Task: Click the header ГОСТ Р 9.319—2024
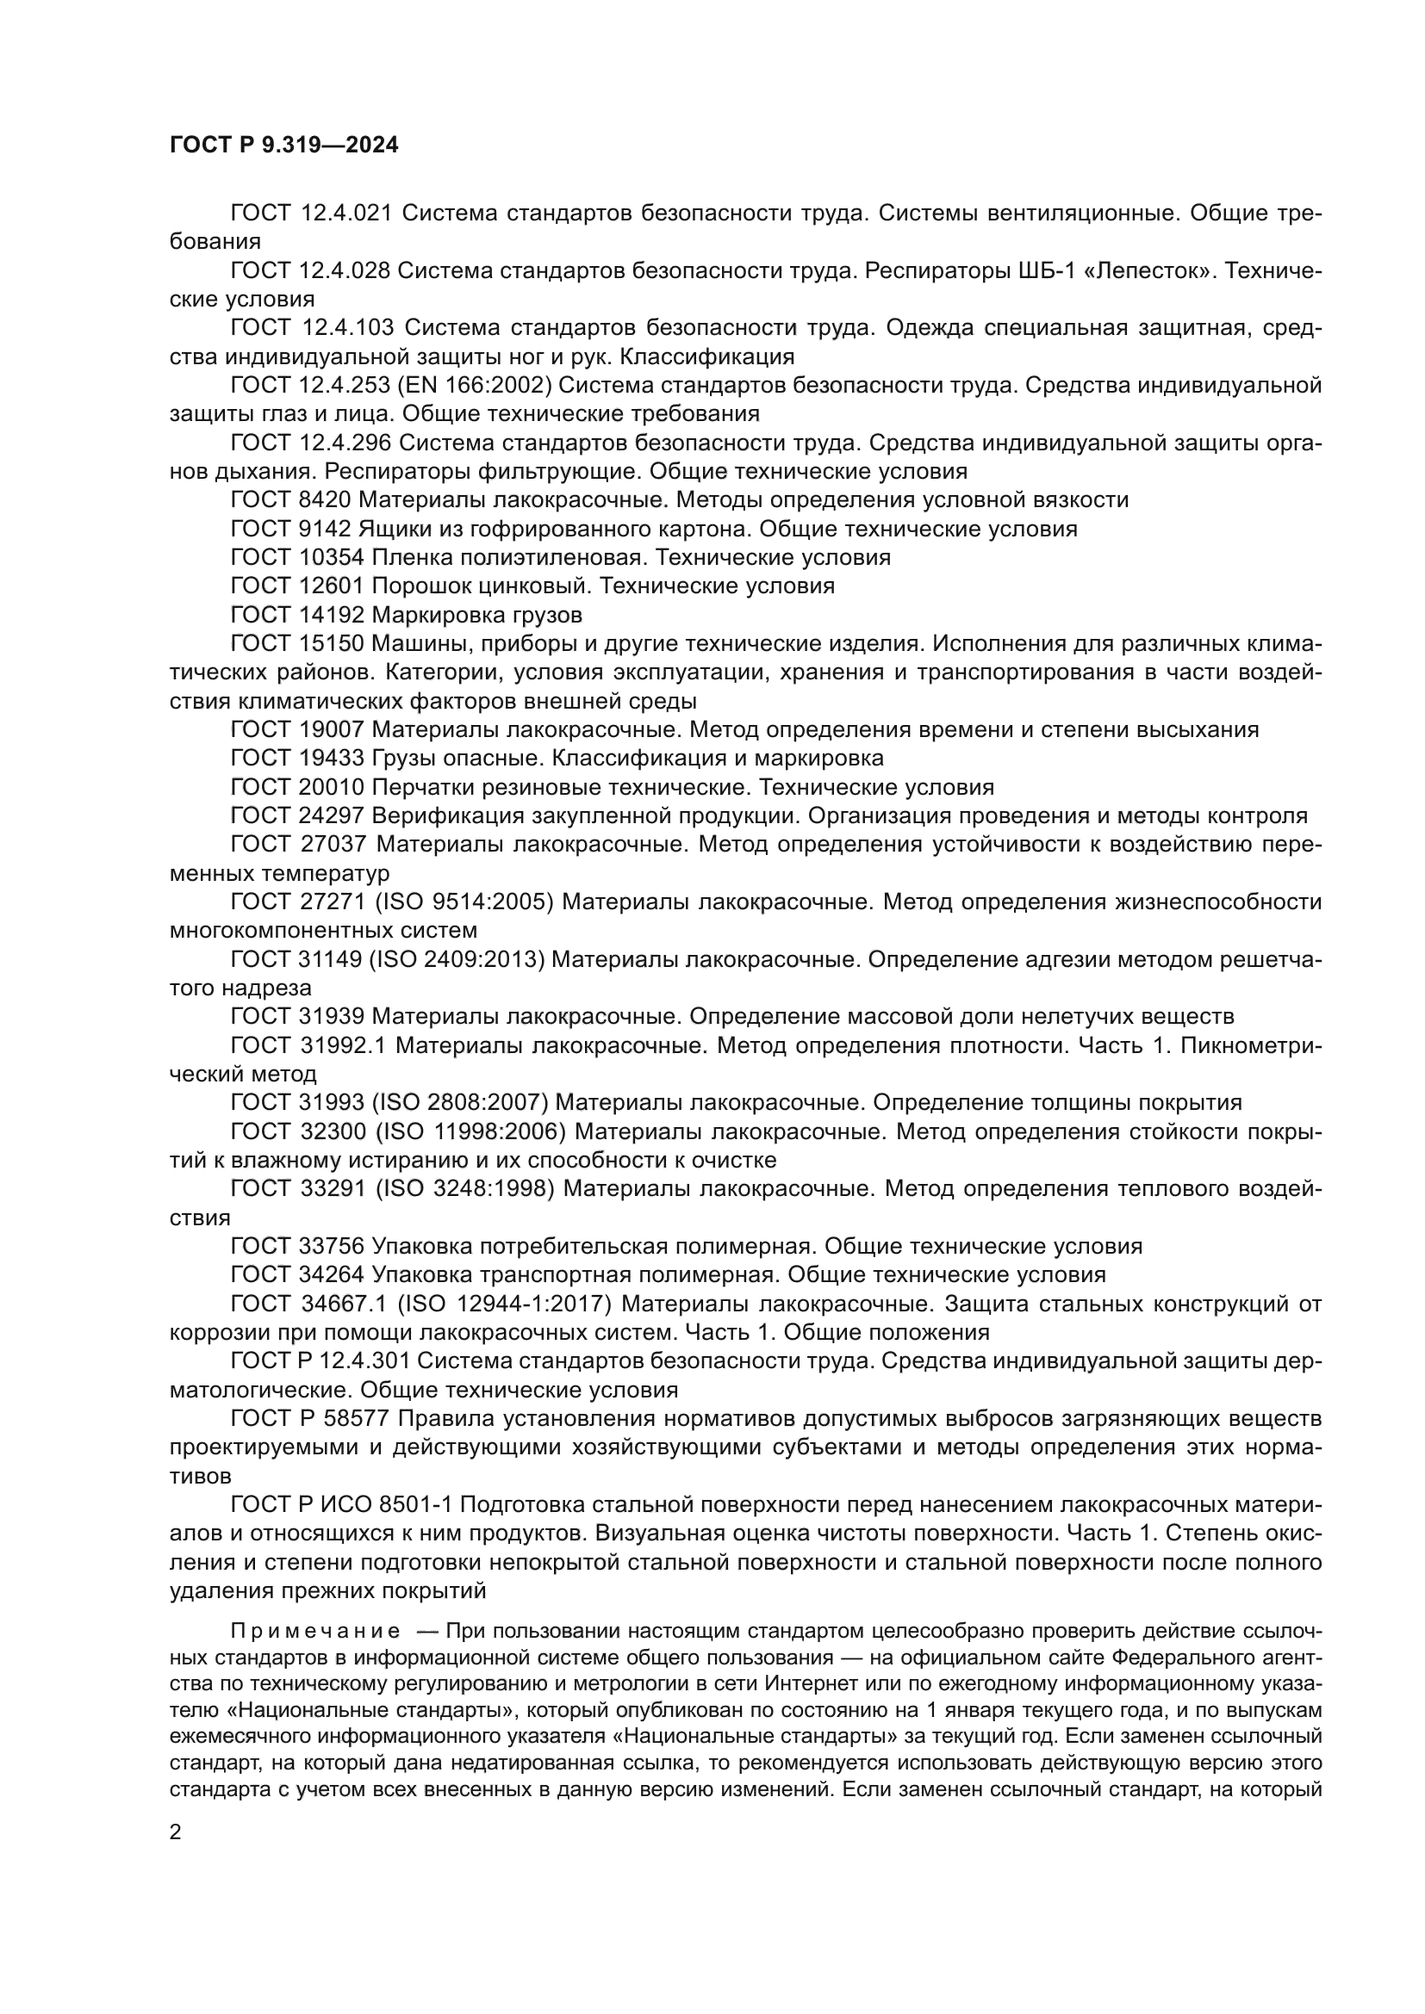(283, 145)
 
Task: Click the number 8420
(324, 500)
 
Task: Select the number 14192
(331, 615)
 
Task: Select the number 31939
(331, 1017)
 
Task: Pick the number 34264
(331, 1274)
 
